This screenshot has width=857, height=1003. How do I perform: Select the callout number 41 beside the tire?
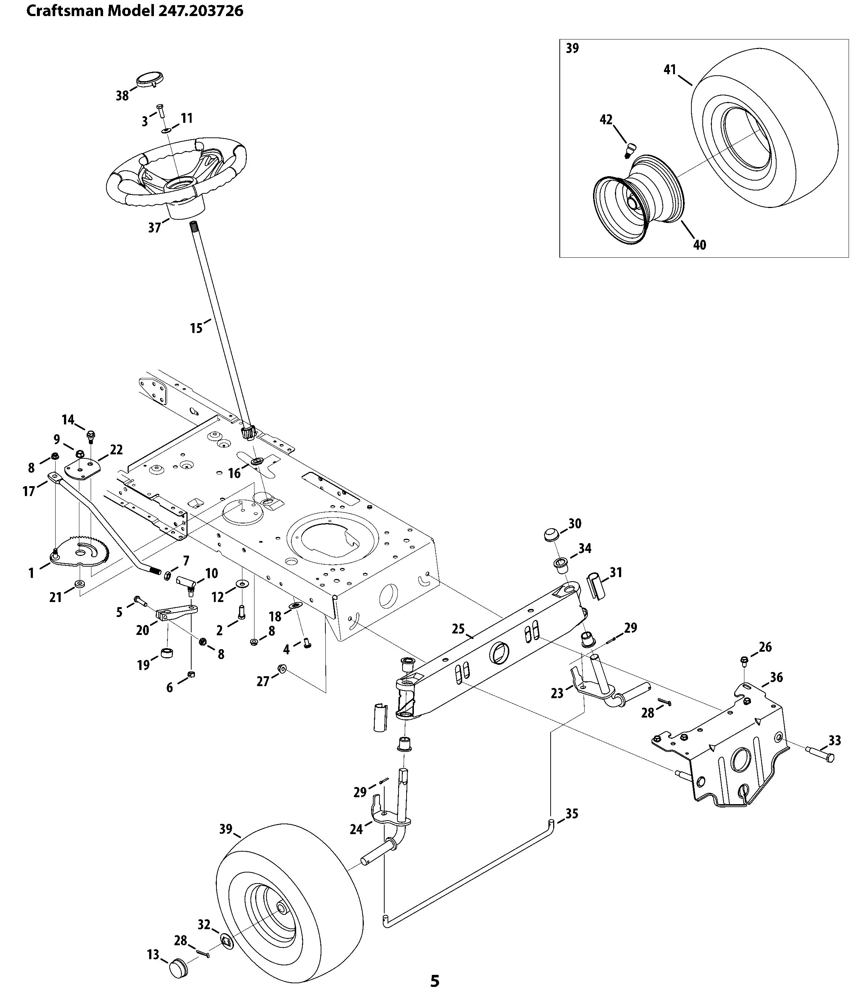point(669,70)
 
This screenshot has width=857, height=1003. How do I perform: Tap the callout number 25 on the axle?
point(458,629)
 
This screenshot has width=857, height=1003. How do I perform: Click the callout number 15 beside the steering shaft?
point(196,328)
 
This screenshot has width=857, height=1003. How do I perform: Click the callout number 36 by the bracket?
point(776,677)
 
